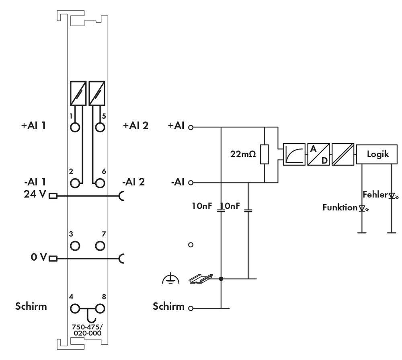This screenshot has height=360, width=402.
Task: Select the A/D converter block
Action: [x=318, y=154]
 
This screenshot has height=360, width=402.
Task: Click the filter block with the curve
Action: [x=294, y=154]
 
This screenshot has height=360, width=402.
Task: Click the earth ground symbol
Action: [x=170, y=278]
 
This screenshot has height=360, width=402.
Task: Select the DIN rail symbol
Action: [x=201, y=278]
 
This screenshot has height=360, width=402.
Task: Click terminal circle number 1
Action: [x=75, y=127]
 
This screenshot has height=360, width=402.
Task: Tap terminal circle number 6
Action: [x=100, y=183]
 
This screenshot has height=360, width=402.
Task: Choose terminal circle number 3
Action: [x=75, y=245]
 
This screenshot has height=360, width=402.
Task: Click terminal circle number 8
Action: [x=100, y=309]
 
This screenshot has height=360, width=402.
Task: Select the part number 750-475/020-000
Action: [x=86, y=330]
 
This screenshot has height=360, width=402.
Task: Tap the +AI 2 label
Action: [x=135, y=125]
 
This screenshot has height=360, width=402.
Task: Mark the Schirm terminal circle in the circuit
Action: [x=191, y=309]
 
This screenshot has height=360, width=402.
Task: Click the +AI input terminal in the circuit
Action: [x=191, y=128]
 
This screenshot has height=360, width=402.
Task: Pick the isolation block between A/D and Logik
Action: [x=343, y=154]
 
